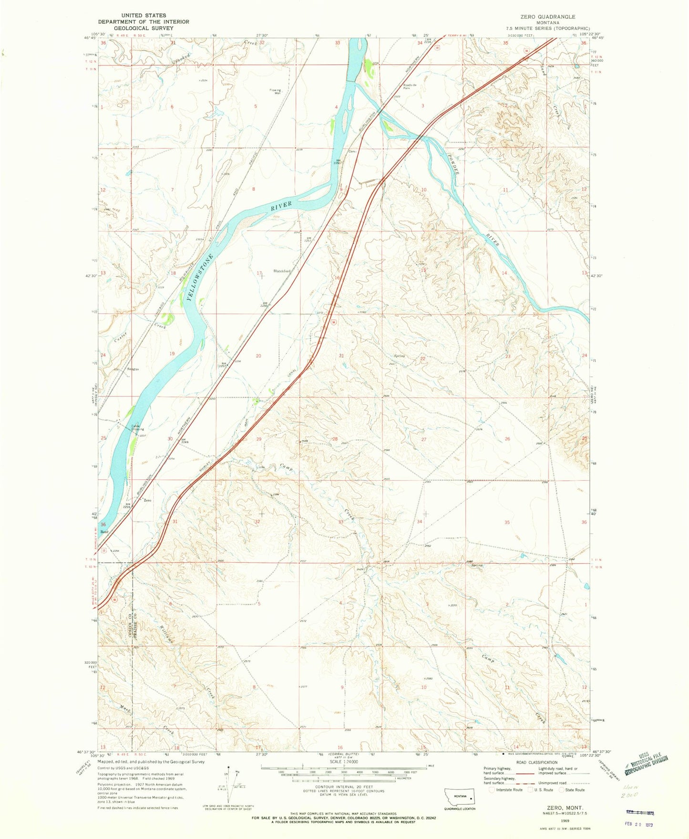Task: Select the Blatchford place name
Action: [x=281, y=271]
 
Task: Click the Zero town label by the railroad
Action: [x=147, y=500]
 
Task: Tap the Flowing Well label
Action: [x=275, y=91]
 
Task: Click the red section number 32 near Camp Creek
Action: [x=257, y=522]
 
